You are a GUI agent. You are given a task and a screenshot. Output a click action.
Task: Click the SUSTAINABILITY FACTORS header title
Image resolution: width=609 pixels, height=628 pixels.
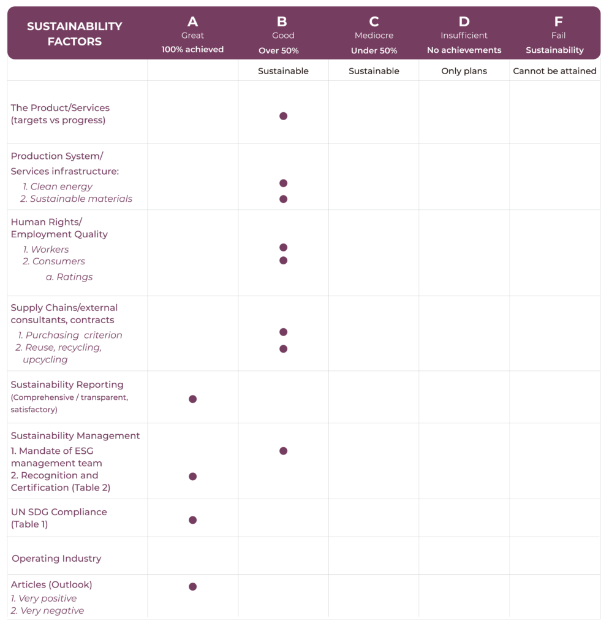(x=75, y=34)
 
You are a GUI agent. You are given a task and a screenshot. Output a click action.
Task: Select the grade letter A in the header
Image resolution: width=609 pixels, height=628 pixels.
(x=192, y=22)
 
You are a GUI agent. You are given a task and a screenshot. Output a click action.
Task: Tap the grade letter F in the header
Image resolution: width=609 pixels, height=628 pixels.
(x=558, y=22)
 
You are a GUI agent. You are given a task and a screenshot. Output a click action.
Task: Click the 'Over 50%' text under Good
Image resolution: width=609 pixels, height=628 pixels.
(x=279, y=51)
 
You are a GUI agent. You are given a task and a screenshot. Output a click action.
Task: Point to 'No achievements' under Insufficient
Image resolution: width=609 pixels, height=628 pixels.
(x=464, y=50)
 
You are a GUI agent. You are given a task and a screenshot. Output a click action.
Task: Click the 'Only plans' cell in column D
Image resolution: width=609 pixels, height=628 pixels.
(x=464, y=71)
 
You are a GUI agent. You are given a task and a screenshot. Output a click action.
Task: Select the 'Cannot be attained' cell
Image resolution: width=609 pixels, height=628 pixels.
(x=554, y=71)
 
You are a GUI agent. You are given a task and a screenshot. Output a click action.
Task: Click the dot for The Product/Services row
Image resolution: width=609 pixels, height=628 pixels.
(x=283, y=116)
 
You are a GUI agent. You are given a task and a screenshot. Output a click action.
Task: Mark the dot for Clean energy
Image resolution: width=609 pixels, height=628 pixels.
(x=283, y=183)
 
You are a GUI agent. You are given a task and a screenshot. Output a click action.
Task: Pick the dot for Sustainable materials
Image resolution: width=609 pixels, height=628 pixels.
(x=283, y=199)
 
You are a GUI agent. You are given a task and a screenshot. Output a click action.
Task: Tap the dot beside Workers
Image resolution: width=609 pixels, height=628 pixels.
(x=283, y=248)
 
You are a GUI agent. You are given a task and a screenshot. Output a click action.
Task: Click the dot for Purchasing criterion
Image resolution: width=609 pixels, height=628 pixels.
(x=283, y=332)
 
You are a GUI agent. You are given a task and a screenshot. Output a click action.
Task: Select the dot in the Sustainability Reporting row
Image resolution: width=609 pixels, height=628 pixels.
(x=192, y=399)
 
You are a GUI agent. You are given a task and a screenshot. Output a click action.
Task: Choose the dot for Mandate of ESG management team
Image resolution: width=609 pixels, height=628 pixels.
(x=283, y=451)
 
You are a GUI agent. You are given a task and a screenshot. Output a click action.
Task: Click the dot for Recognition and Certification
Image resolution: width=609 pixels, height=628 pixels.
(x=192, y=477)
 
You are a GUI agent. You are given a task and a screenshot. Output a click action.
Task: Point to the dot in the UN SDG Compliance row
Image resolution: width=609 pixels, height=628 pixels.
(x=192, y=520)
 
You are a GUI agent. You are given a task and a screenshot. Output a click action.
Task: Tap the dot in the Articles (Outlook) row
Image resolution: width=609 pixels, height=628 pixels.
(x=192, y=587)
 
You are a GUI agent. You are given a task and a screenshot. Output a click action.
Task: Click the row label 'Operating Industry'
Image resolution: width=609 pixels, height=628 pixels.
(x=56, y=559)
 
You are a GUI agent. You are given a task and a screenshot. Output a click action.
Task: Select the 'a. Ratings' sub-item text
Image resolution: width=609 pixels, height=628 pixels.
(x=69, y=277)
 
